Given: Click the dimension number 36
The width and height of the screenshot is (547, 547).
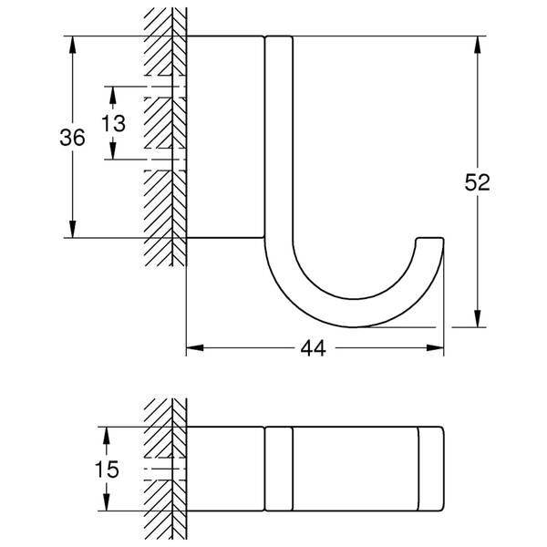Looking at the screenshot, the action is pos(72,137).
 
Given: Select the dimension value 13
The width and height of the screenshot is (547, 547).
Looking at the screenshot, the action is pos(113,123).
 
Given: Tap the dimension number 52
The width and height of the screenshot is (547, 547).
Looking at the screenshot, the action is pos(477,182).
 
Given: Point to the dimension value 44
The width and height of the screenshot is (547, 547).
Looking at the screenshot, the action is pos(314,348).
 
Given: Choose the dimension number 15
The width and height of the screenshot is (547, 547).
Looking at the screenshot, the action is pos(107,470).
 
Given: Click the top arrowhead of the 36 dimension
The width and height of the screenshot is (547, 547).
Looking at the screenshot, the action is pos(72,45).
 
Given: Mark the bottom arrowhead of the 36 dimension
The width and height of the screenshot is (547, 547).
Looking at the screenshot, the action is pos(72,229).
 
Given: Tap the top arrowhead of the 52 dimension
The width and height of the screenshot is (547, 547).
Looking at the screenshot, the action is pos(478,45).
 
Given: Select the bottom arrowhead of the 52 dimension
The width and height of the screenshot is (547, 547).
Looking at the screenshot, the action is pos(478,318).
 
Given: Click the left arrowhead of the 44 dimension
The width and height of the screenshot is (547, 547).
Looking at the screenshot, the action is pos(195,348).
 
